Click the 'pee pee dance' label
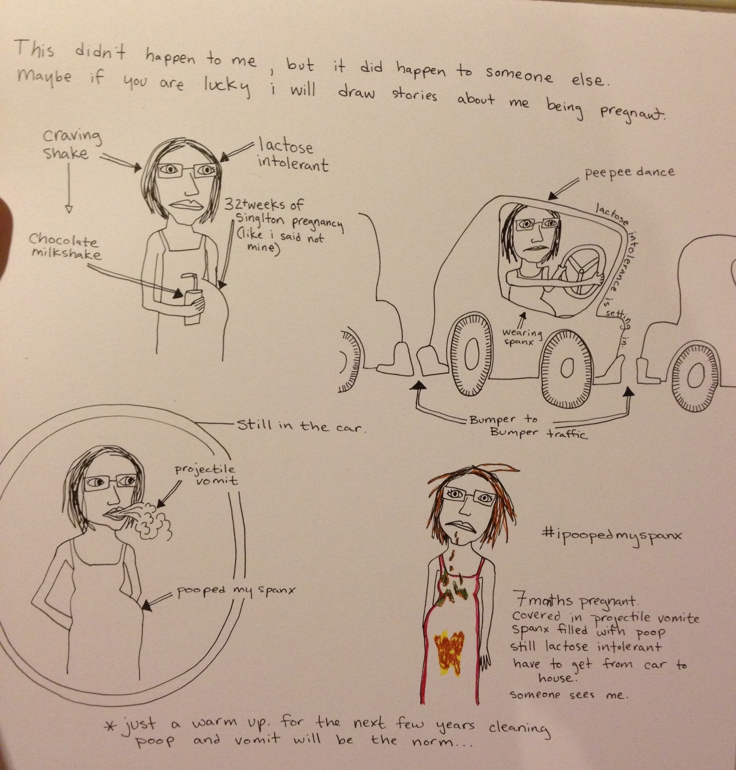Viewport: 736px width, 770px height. (630, 173)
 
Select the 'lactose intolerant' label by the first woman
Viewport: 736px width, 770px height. (292, 156)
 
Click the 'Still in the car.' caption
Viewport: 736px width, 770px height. (301, 426)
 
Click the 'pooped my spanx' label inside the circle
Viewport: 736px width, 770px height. (235, 591)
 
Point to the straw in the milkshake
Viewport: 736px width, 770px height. (188, 280)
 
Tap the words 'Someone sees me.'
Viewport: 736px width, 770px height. (569, 695)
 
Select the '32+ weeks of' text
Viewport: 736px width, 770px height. (264, 206)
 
